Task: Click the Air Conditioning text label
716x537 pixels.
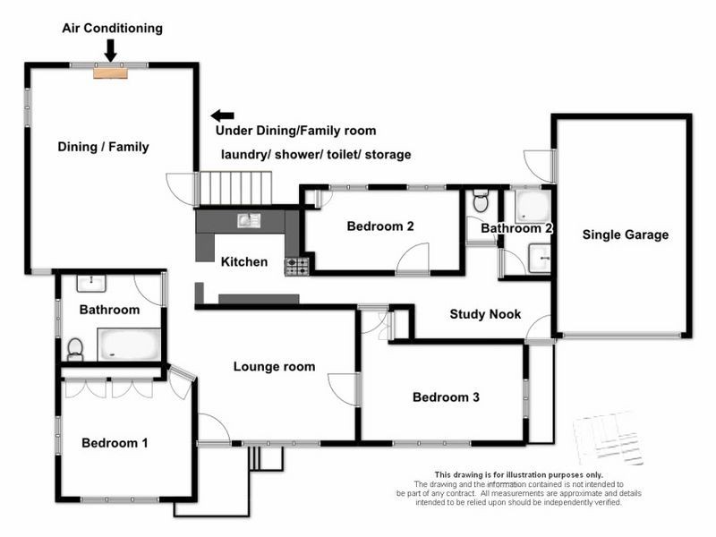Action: pyautogui.click(x=112, y=28)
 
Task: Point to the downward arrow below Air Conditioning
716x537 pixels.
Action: pyautogui.click(x=110, y=52)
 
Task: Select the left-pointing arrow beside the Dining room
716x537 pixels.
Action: pyautogui.click(x=222, y=115)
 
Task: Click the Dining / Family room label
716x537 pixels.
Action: pyautogui.click(x=103, y=147)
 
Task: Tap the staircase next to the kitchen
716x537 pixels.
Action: pyautogui.click(x=234, y=188)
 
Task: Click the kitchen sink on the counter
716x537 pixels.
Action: pyautogui.click(x=248, y=220)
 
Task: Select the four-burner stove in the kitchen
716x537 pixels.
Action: pyautogui.click(x=296, y=266)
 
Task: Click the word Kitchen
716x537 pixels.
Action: pyautogui.click(x=244, y=262)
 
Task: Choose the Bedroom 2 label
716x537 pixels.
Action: pyautogui.click(x=380, y=226)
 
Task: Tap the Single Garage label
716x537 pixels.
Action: pyautogui.click(x=625, y=235)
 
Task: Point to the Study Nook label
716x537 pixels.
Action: pyautogui.click(x=485, y=314)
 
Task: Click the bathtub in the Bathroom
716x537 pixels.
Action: pyautogui.click(x=129, y=345)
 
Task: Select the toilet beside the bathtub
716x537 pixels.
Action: pyautogui.click(x=75, y=345)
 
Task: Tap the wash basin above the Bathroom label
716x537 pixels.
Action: pyautogui.click(x=92, y=284)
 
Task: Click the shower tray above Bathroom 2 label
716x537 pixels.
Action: pyautogui.click(x=534, y=206)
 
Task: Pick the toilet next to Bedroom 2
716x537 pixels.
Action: pyautogui.click(x=481, y=201)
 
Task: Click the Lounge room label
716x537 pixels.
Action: pyautogui.click(x=274, y=366)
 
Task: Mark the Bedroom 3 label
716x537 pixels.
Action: pyautogui.click(x=446, y=397)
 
